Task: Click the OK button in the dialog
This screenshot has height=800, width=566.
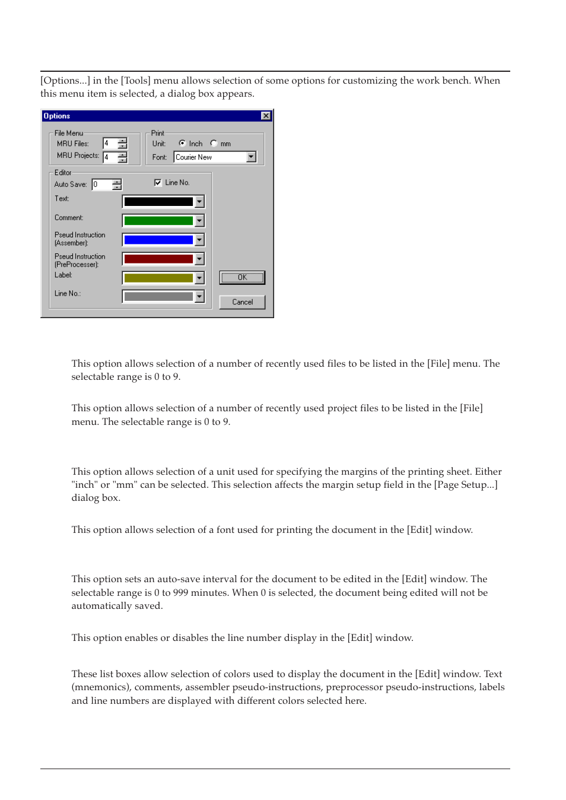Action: point(242,277)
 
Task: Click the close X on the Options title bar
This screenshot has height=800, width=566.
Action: point(266,116)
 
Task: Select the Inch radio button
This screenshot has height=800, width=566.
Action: point(182,143)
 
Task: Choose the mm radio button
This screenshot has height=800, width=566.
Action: point(214,143)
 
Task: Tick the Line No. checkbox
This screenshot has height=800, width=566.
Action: point(158,182)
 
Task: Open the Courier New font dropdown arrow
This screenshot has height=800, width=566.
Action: point(252,157)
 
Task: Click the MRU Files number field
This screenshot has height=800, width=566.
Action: point(110,143)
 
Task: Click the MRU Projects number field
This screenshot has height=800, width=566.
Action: point(110,157)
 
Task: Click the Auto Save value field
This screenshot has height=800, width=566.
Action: point(101,185)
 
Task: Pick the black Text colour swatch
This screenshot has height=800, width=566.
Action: point(158,202)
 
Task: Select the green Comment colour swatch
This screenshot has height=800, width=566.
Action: point(158,221)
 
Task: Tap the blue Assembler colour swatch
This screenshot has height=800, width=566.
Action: point(158,240)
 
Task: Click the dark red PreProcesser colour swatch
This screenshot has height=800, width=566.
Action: point(158,259)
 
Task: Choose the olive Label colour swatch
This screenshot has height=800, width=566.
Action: point(158,278)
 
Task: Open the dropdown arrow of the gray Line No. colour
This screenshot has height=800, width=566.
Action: point(199,296)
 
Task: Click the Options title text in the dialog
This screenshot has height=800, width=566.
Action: point(57,116)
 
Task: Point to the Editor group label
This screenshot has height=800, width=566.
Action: point(63,173)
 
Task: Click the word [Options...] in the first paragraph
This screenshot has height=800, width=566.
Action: point(65,81)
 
